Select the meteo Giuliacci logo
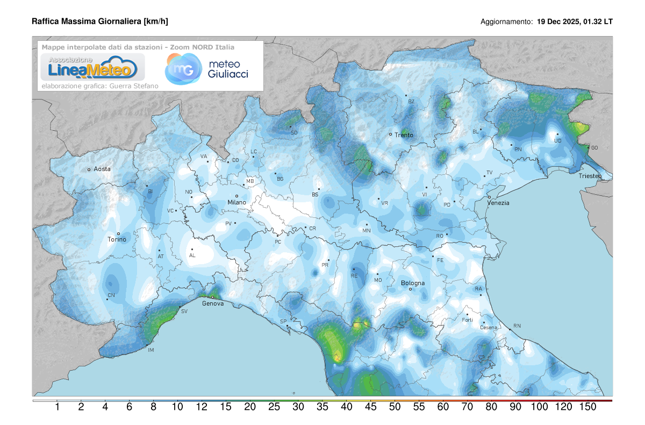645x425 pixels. pos(207,69)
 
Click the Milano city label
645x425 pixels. pos(236,202)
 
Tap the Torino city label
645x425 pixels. pos(117,239)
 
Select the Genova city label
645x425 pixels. pos(213,303)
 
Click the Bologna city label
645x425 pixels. pos(413,283)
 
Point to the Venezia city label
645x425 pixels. pos(498,203)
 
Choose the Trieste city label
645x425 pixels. pos(590,176)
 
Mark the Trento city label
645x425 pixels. pos(404,135)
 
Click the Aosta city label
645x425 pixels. pos(102,169)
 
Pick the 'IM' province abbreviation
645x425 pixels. pos(151,350)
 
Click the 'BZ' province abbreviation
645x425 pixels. pos(411,101)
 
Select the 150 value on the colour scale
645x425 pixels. pos(587,408)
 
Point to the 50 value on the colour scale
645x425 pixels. pos(395,408)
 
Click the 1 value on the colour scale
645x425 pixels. pos(58,408)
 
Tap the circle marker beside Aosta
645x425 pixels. pos(89,169)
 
